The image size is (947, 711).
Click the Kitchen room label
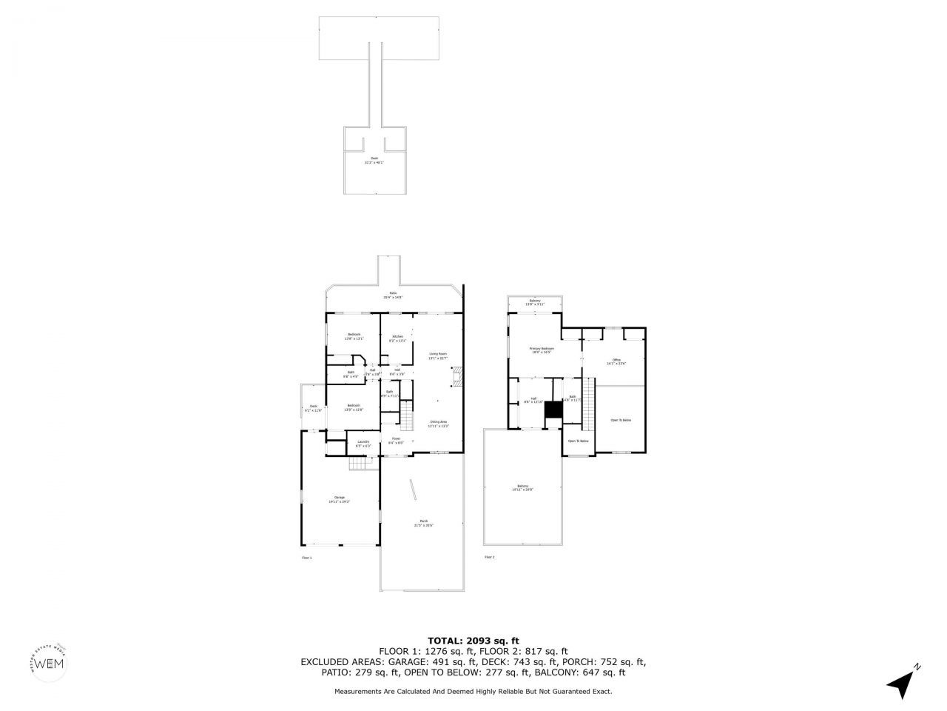397,338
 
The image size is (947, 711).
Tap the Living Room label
438,356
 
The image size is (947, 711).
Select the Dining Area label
438,424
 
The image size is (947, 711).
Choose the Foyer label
396,441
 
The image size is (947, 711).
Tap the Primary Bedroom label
542,350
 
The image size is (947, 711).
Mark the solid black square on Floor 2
553,410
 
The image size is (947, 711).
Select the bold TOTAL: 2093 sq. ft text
473,641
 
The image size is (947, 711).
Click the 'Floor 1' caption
306,557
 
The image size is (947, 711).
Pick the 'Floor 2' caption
489,557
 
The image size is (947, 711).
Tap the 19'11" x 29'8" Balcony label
522,488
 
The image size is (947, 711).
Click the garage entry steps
359,464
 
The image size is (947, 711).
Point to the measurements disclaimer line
473,691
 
